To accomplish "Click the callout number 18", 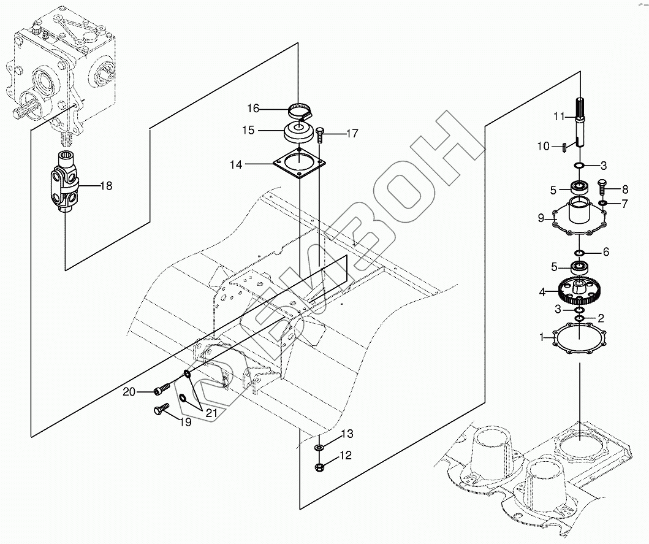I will click(106, 185).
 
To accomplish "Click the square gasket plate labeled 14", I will click(299, 164).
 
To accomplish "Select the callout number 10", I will click(544, 147).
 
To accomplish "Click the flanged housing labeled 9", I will click(580, 218).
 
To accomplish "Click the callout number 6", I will click(605, 251).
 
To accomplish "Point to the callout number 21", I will click(211, 413).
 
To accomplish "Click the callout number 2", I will click(601, 318).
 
